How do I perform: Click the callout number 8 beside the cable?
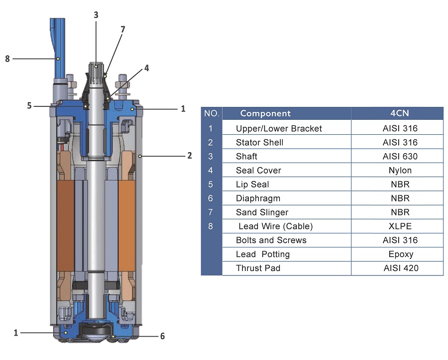tap(7, 59)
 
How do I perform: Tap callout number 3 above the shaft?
tap(96, 15)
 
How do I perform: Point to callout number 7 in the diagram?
tap(123, 29)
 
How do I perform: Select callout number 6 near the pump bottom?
tap(162, 336)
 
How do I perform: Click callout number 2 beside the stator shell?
tap(190, 156)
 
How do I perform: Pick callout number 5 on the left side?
tap(29, 105)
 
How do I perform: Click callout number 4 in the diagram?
tap(146, 68)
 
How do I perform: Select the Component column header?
tap(265, 113)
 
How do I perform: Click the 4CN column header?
tap(400, 113)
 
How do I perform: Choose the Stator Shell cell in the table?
tap(260, 142)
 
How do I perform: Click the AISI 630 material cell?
tap(400, 157)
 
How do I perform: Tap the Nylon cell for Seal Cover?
tap(400, 171)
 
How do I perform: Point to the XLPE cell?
tap(400, 226)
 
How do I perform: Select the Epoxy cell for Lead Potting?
tap(401, 255)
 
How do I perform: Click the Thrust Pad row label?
tap(258, 269)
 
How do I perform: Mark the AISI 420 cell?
tap(401, 269)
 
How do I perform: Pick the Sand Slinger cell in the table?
tap(262, 212)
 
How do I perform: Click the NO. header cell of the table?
tap(212, 113)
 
